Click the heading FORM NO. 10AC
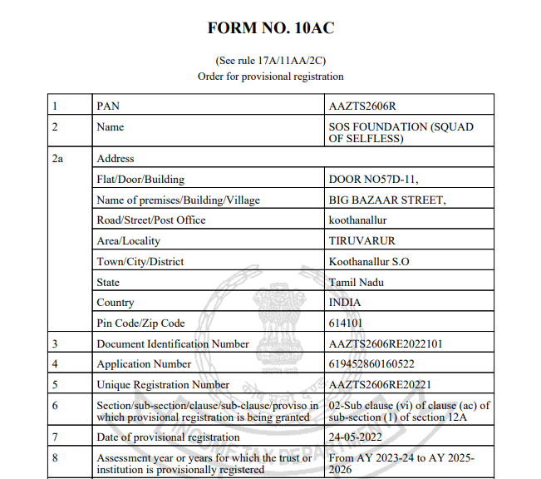tap(270, 28)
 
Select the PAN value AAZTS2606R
tap(361, 106)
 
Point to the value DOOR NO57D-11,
tap(374, 179)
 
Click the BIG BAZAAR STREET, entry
tap(387, 200)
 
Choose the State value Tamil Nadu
tap(357, 282)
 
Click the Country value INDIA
tap(346, 303)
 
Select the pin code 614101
tap(346, 323)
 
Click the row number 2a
tap(57, 158)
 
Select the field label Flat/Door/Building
tap(140, 179)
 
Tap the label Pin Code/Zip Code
tap(141, 323)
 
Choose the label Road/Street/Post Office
tap(151, 220)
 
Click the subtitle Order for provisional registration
tap(270, 76)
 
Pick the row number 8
tap(54, 457)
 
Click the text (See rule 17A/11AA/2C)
tap(270, 61)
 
